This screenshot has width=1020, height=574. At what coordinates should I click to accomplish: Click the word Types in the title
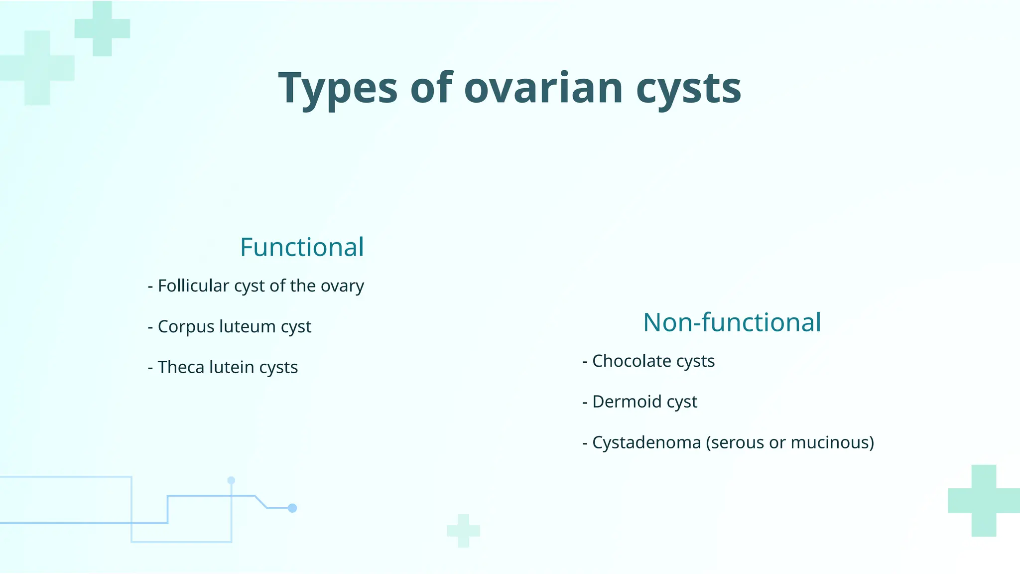pos(338,89)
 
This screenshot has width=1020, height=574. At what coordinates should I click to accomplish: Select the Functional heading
pos(302,247)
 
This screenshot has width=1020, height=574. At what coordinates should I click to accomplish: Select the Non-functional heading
pos(732,322)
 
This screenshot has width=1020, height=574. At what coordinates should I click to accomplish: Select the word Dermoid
pos(627,402)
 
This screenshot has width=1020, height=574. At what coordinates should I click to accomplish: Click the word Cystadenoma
pos(646,442)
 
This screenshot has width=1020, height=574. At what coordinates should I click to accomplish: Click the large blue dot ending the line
pos(292,508)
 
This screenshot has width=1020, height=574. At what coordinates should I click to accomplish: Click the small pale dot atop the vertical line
pos(231,481)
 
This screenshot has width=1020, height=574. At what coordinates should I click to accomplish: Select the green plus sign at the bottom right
pos(984,501)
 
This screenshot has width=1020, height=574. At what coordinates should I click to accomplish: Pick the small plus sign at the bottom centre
pos(463,531)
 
